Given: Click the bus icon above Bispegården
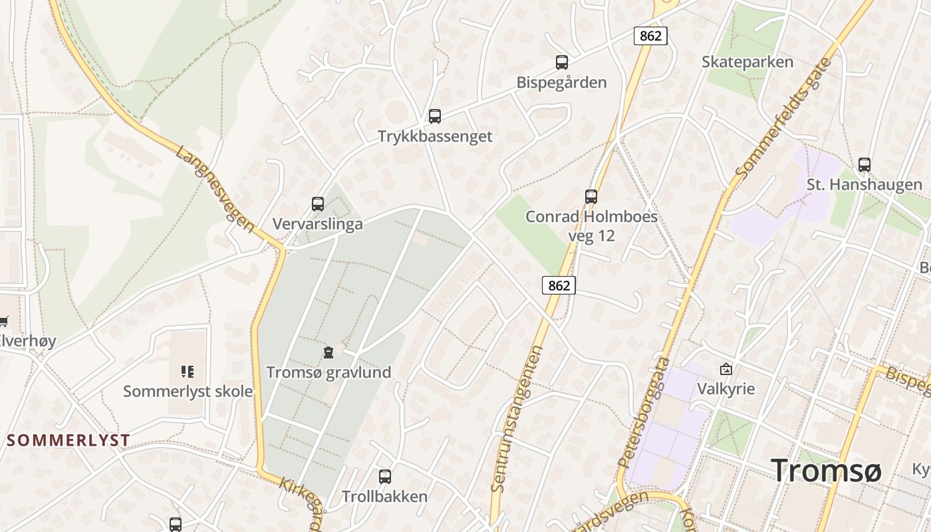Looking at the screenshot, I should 562,63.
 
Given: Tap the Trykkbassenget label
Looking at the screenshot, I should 435,136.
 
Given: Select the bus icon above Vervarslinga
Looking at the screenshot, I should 318,204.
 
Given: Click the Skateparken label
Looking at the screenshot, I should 747,62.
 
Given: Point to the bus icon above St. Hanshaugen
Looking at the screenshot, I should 864,164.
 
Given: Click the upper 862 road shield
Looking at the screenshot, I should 650,36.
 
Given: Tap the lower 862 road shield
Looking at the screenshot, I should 559,285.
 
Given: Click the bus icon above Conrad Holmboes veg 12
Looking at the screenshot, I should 591,196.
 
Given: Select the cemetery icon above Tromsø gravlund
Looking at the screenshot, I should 328,352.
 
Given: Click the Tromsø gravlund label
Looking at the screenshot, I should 329,372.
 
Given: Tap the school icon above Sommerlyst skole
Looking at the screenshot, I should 188,371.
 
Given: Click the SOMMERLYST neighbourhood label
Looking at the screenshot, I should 68,440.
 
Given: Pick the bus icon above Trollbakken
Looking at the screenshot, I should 384,476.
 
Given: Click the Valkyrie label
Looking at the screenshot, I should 726,388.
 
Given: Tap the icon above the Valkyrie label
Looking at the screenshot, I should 726,368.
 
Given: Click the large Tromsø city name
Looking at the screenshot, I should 826,471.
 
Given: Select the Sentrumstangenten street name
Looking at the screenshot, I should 517,419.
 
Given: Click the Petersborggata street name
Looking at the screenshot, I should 644,412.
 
